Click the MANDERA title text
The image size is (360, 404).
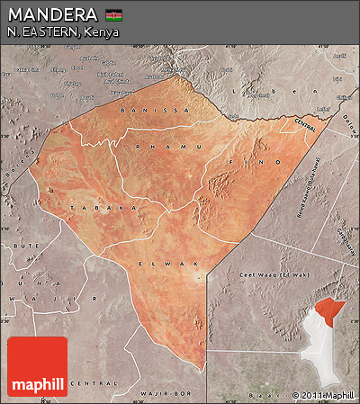coord(52,14)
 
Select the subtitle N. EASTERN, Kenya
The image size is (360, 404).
coord(62,31)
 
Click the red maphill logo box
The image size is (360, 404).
coord(37,366)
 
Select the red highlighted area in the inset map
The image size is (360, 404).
coord(335,310)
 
